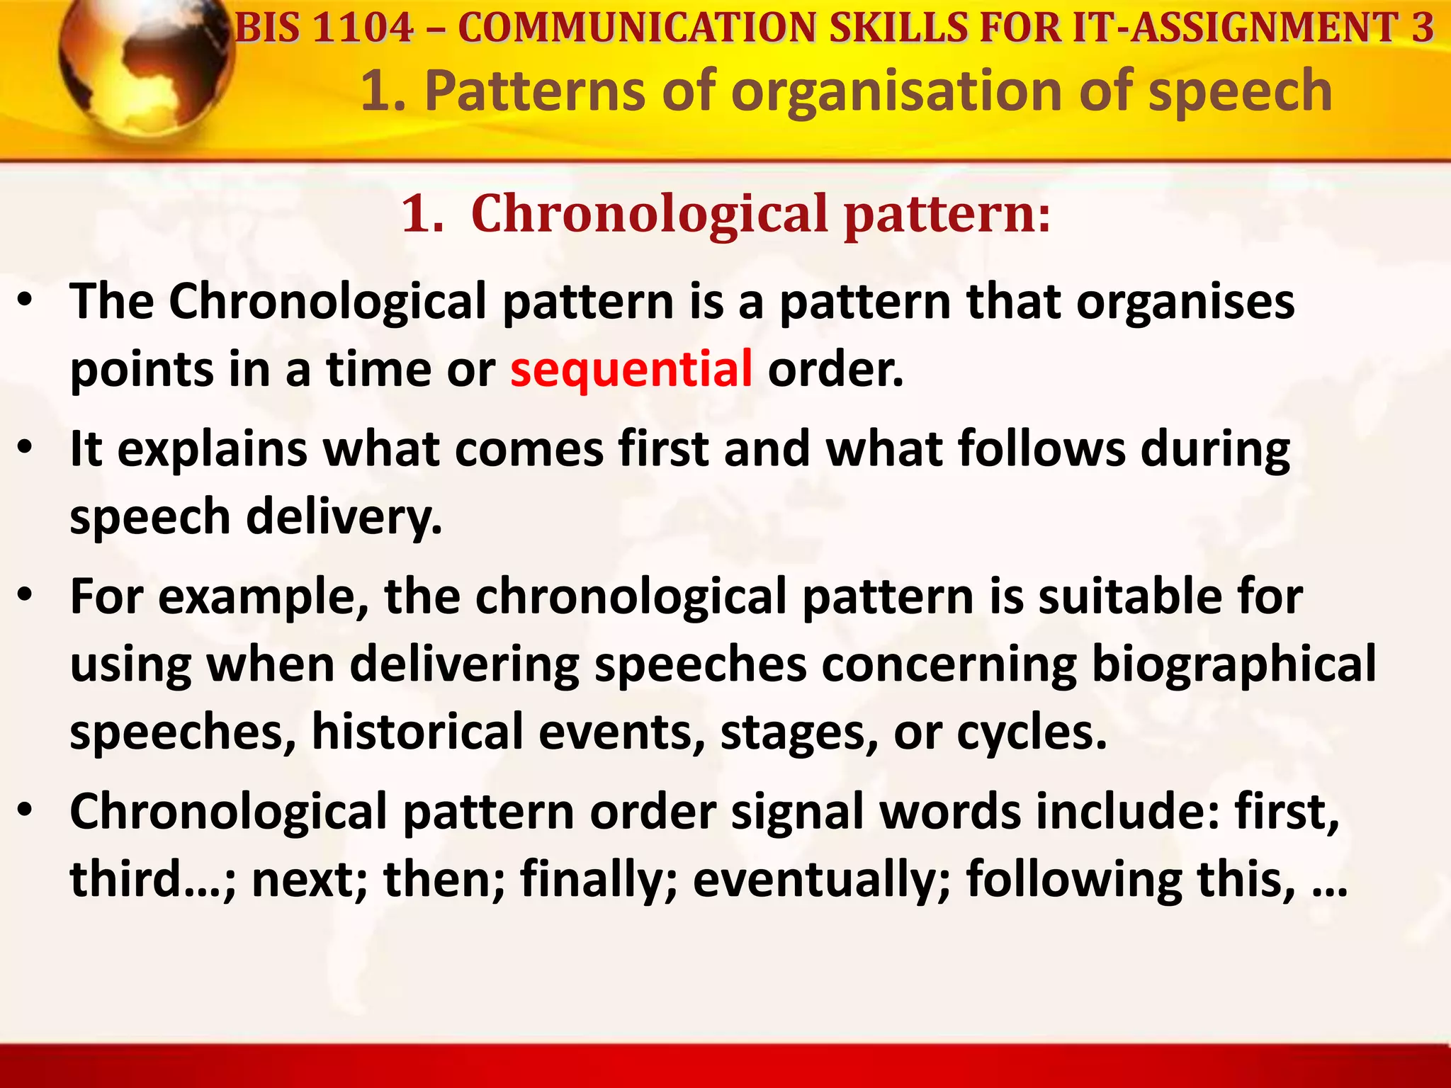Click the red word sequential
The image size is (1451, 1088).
coord(631,370)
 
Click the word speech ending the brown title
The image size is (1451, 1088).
coord(1240,92)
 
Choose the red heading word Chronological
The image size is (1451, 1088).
coord(649,213)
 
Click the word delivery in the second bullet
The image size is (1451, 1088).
coord(344,517)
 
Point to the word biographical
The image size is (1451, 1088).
coord(1233,664)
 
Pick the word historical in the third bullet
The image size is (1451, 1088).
coord(417,732)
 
